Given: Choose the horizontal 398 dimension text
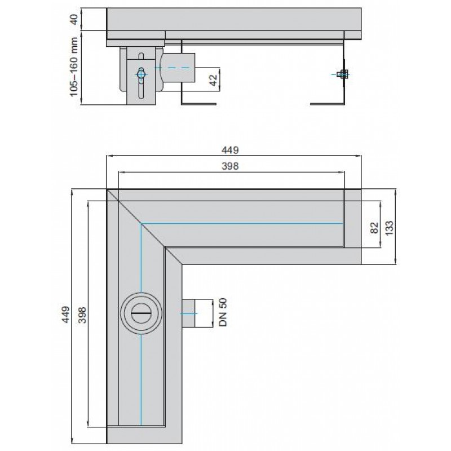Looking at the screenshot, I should point(232,166).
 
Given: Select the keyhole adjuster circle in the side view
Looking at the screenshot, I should point(142,73).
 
